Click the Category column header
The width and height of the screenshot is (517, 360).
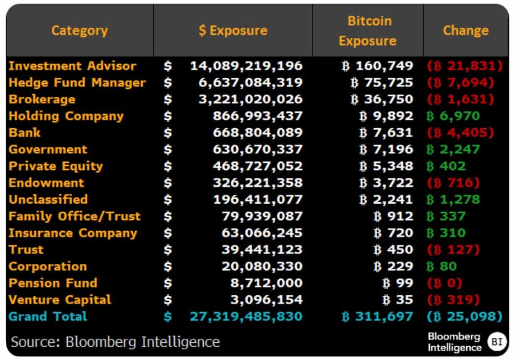point(79,30)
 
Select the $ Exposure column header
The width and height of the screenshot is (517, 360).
point(233,30)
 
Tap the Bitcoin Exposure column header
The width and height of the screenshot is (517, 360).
point(368,31)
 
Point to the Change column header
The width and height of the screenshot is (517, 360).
point(466,30)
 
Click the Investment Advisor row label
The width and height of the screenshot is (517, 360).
point(73,66)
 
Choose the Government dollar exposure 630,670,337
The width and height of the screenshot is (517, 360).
point(258,149)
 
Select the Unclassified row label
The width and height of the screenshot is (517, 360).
point(48,200)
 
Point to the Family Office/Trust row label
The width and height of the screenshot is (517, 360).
point(74,216)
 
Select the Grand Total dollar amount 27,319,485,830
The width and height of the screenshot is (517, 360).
point(246,316)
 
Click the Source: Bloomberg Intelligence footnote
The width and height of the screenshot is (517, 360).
point(115,342)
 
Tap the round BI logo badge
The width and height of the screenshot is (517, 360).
point(496,342)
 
